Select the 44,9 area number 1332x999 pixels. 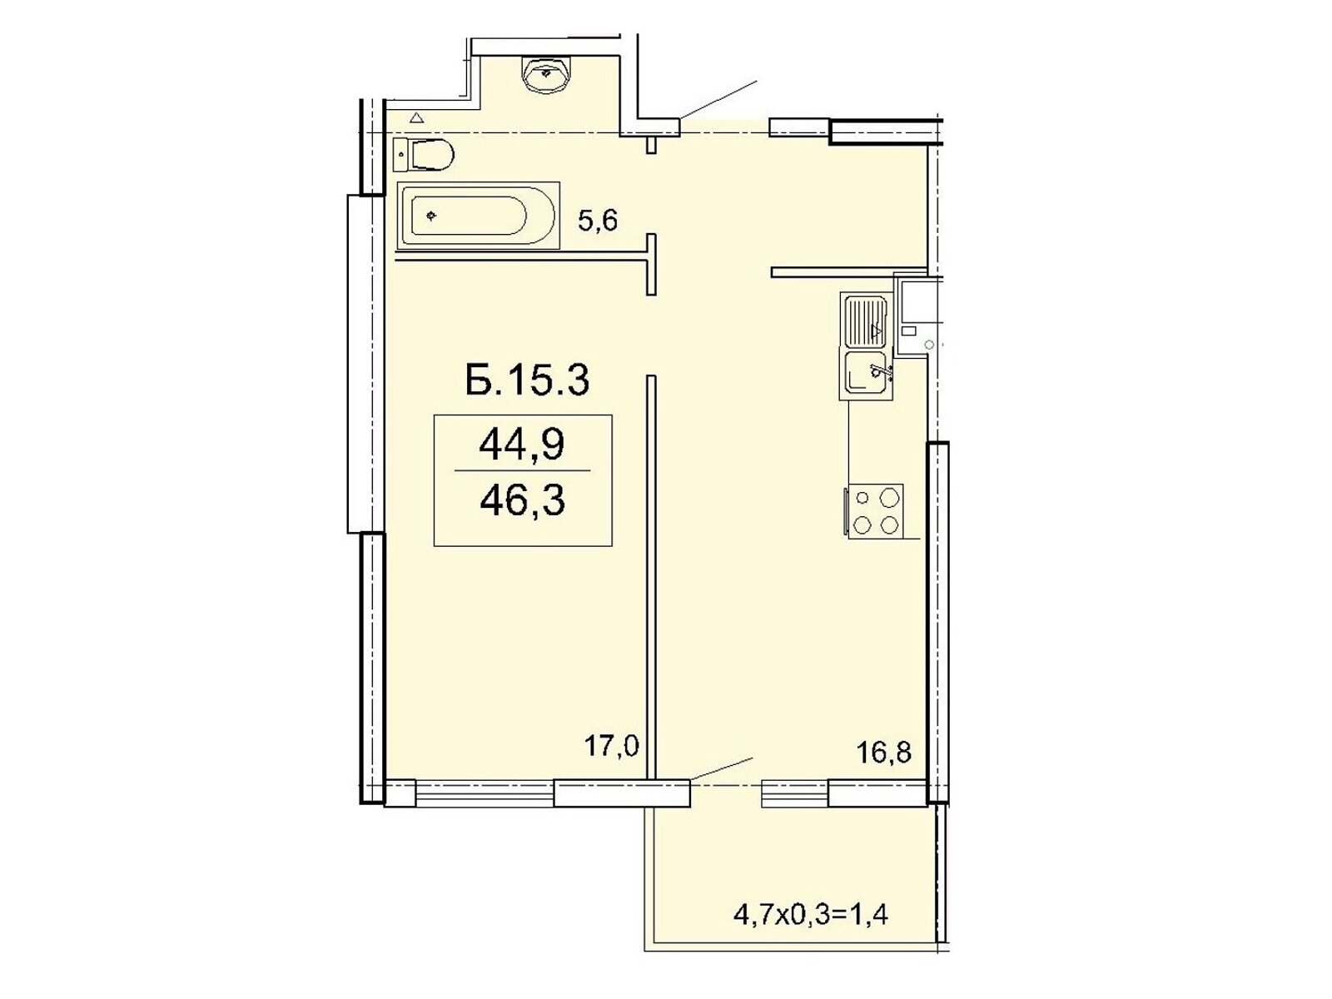522,445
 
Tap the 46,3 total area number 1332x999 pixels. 522,500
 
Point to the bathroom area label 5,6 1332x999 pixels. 598,220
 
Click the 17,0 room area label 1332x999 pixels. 612,745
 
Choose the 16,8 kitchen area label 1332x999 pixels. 883,753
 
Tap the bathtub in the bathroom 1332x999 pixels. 478,216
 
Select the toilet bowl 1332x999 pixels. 432,156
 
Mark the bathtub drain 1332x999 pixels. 431,216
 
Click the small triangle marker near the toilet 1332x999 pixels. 416,117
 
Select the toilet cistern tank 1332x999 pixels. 400,156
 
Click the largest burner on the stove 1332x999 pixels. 889,497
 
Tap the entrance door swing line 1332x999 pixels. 718,99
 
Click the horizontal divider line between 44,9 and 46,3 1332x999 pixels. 522,470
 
